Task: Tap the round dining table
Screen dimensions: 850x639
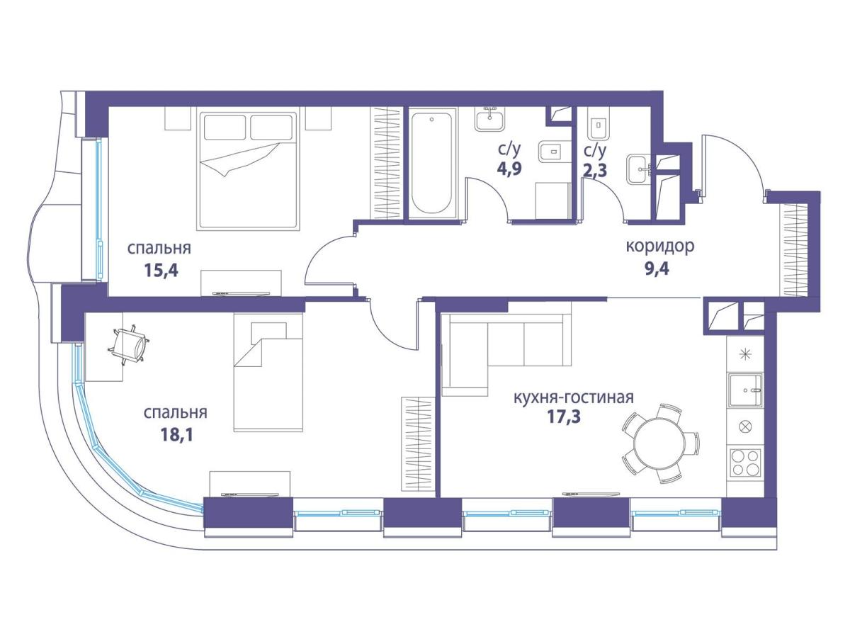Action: point(662,441)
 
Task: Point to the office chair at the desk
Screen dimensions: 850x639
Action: point(129,346)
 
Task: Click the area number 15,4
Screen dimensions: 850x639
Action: point(161,271)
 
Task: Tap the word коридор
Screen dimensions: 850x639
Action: point(660,247)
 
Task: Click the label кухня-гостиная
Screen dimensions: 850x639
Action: point(574,397)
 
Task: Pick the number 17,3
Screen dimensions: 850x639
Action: point(563,417)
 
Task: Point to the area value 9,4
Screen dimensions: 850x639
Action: point(657,268)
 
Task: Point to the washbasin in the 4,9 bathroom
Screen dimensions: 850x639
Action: point(490,118)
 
